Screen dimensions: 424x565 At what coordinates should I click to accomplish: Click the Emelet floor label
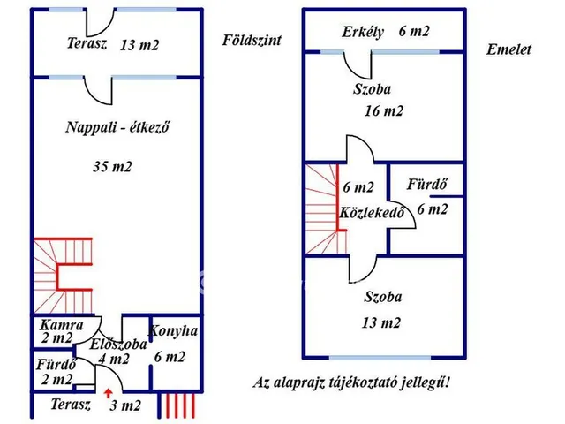coord(508,50)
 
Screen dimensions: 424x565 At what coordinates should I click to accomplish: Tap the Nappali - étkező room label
coord(117,126)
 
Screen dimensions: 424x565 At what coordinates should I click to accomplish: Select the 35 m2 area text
coord(117,165)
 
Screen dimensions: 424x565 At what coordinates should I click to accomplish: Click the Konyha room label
coord(173,332)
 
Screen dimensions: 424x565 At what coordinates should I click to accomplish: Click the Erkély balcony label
coord(363,32)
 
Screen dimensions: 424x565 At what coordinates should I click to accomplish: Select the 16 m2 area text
coord(383,111)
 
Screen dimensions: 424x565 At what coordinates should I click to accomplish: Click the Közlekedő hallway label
coord(371,213)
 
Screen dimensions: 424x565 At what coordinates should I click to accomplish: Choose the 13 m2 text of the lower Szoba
coord(381,323)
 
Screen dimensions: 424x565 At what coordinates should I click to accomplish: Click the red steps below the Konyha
coord(177,405)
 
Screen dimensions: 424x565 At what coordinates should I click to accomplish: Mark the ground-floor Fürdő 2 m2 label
coord(55,372)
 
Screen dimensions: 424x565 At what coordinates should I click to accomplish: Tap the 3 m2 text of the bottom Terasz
coord(124,406)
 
